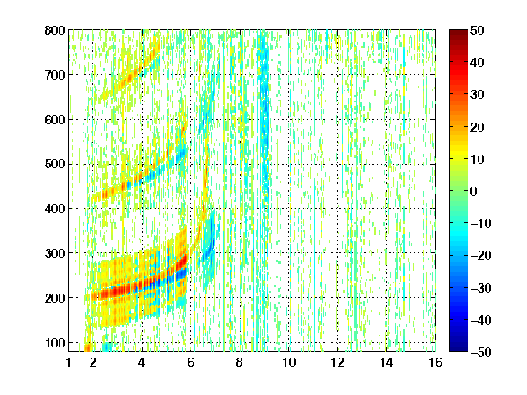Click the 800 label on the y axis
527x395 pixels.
tap(55, 30)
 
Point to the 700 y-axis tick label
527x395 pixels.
tap(55, 75)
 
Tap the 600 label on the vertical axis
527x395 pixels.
tap(55, 120)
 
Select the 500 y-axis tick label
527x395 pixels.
tap(55, 165)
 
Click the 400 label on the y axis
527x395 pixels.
tap(55, 208)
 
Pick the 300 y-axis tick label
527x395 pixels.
tap(55, 253)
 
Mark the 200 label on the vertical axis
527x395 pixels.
tap(55, 298)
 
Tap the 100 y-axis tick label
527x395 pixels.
tap(55, 343)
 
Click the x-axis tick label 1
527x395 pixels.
tap(69, 362)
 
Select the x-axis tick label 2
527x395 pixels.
tap(93, 362)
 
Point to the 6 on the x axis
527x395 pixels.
tap(191, 362)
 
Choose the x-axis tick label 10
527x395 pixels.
tap(288, 362)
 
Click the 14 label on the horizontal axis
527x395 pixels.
tap(386, 362)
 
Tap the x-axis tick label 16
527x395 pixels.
tap(436, 362)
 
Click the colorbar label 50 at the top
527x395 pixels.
tap(478, 30)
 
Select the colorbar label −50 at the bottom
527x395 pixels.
tap(481, 352)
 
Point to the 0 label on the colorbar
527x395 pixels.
tap(474, 191)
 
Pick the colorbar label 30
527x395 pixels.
tap(478, 95)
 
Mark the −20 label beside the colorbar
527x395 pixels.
tap(481, 256)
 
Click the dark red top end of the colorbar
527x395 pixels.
tap(458, 32)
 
